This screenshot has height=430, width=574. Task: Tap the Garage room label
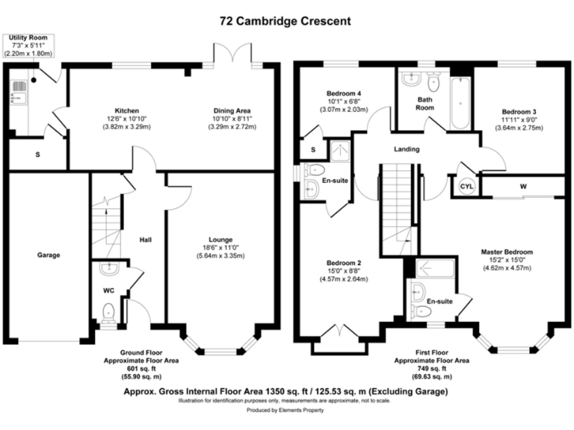[49, 255]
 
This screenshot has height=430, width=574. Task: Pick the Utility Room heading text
[28, 37]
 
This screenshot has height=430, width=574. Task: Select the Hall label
[146, 240]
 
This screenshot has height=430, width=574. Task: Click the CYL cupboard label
[466, 186]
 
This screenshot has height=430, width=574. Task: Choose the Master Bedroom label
[507, 252]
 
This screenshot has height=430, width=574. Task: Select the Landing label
[407, 149]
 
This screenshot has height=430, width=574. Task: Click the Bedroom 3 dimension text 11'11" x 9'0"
[522, 119]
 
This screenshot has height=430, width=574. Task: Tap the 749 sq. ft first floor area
[432, 368]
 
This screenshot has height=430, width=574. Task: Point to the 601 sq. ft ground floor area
[141, 368]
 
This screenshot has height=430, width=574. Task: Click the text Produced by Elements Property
[286, 411]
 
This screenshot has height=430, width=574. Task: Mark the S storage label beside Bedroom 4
[313, 150]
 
